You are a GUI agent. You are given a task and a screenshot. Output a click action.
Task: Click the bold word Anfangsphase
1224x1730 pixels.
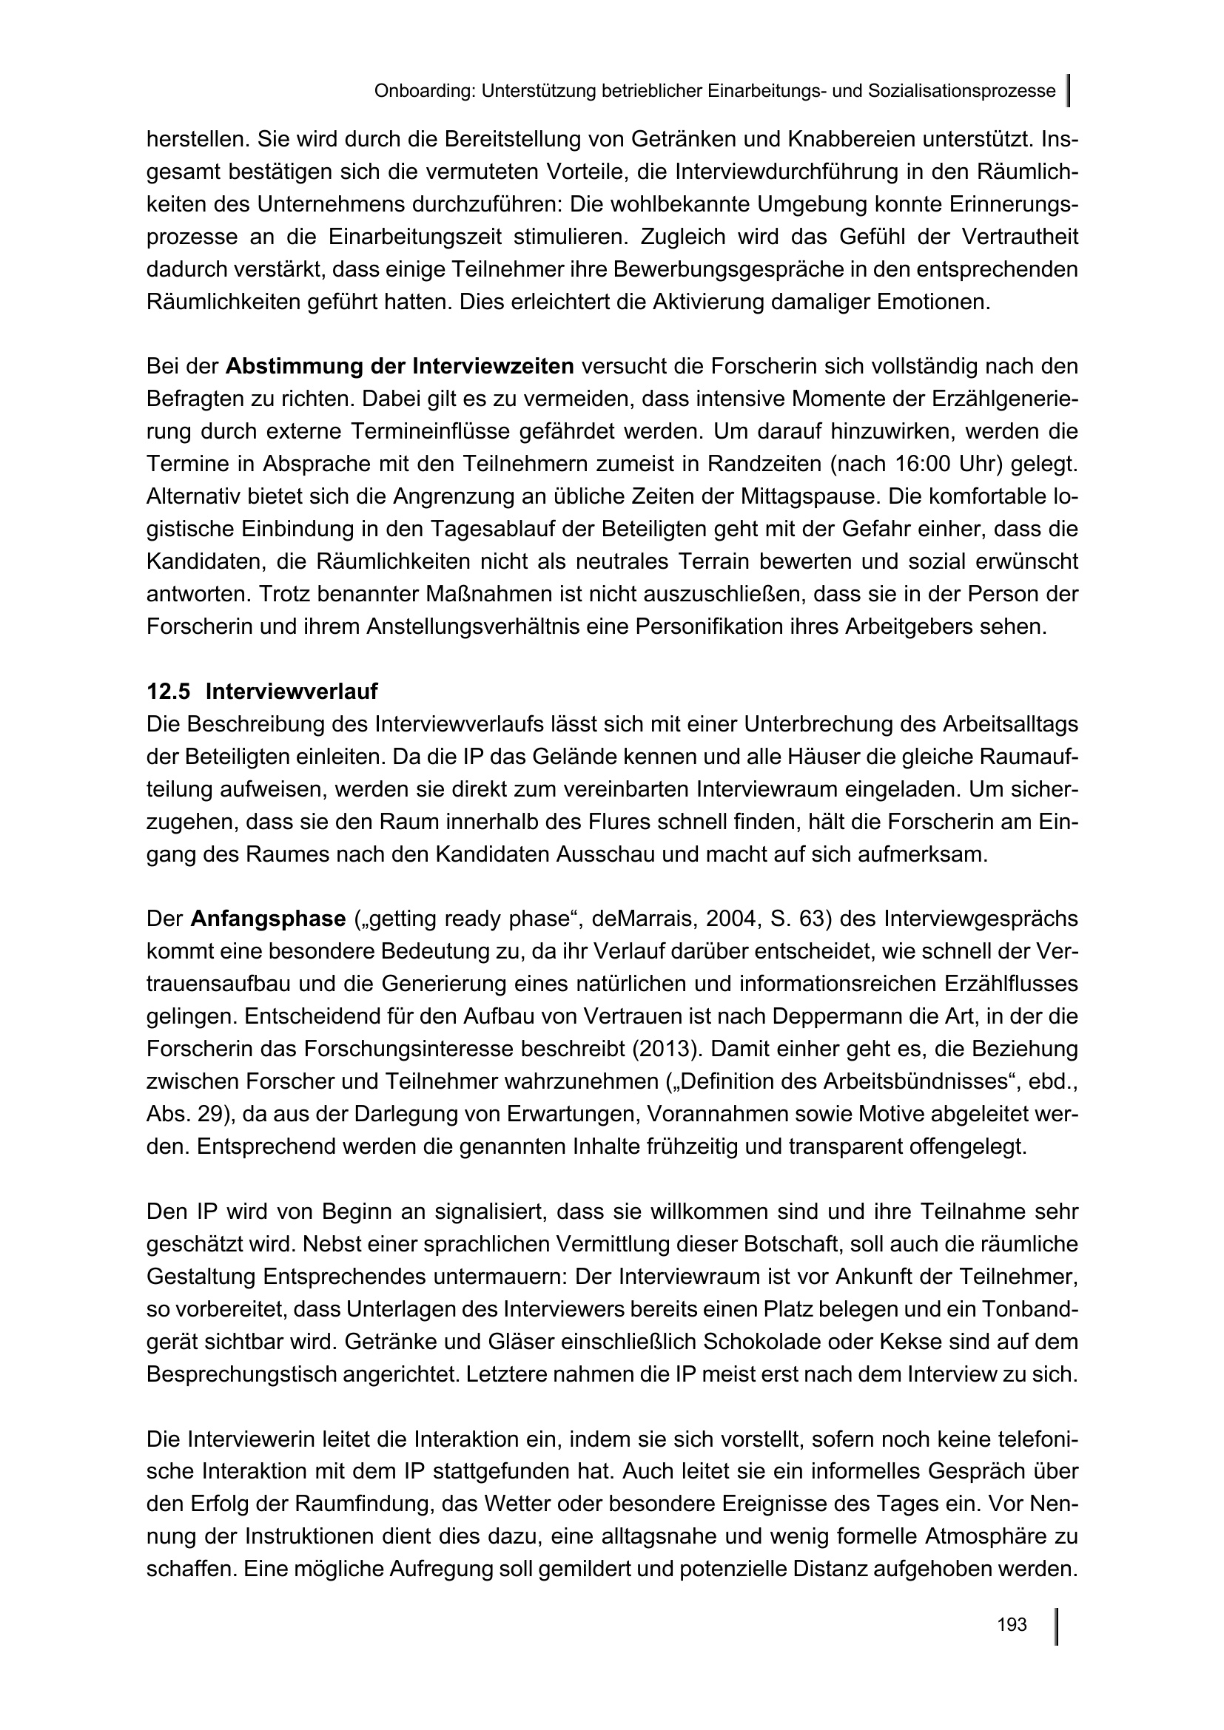pyautogui.click(x=268, y=919)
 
